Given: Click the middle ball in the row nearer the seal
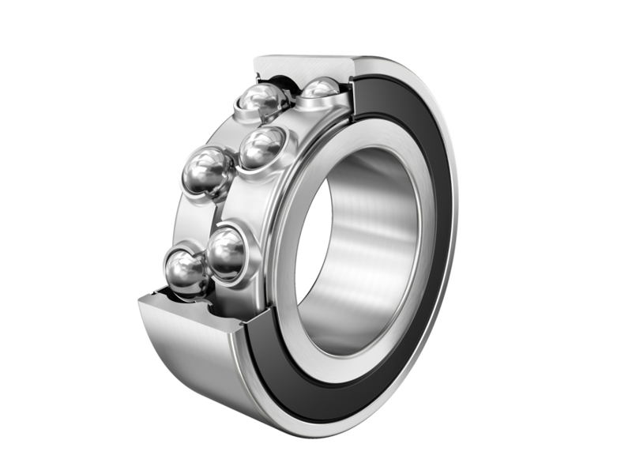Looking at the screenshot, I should coord(261,147).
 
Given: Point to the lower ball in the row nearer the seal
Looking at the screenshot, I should coord(228,252).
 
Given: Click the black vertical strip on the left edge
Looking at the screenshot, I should coord(22,237).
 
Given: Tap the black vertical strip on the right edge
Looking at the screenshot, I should coord(609,237).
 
